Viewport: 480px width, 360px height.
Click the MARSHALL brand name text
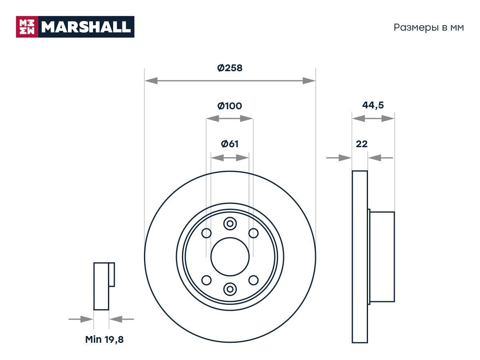click(x=86, y=27)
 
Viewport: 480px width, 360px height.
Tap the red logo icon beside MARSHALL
click(x=27, y=27)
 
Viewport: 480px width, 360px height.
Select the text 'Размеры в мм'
click(x=429, y=28)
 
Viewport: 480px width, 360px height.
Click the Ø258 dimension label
click(x=230, y=68)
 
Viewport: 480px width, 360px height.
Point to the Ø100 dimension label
click(x=230, y=106)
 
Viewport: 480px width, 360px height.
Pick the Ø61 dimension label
click(x=230, y=144)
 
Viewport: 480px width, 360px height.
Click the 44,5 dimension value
click(x=373, y=105)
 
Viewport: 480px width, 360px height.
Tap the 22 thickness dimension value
click(x=362, y=144)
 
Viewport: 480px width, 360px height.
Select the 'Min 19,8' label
click(x=104, y=340)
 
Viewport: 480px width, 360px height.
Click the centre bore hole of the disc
click(x=230, y=256)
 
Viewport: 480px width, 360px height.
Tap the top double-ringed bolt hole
click(x=230, y=224)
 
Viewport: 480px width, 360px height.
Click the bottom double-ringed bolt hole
click(x=230, y=288)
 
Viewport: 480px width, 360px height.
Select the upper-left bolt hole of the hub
click(x=206, y=233)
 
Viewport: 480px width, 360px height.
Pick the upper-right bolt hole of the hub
click(x=253, y=233)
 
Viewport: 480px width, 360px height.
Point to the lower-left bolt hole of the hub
click(x=206, y=280)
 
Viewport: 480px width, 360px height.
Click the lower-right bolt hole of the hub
click(x=253, y=280)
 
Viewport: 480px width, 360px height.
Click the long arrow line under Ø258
click(x=230, y=81)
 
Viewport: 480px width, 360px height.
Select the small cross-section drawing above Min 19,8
click(x=103, y=286)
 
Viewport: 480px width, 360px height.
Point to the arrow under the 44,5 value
click(x=373, y=118)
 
